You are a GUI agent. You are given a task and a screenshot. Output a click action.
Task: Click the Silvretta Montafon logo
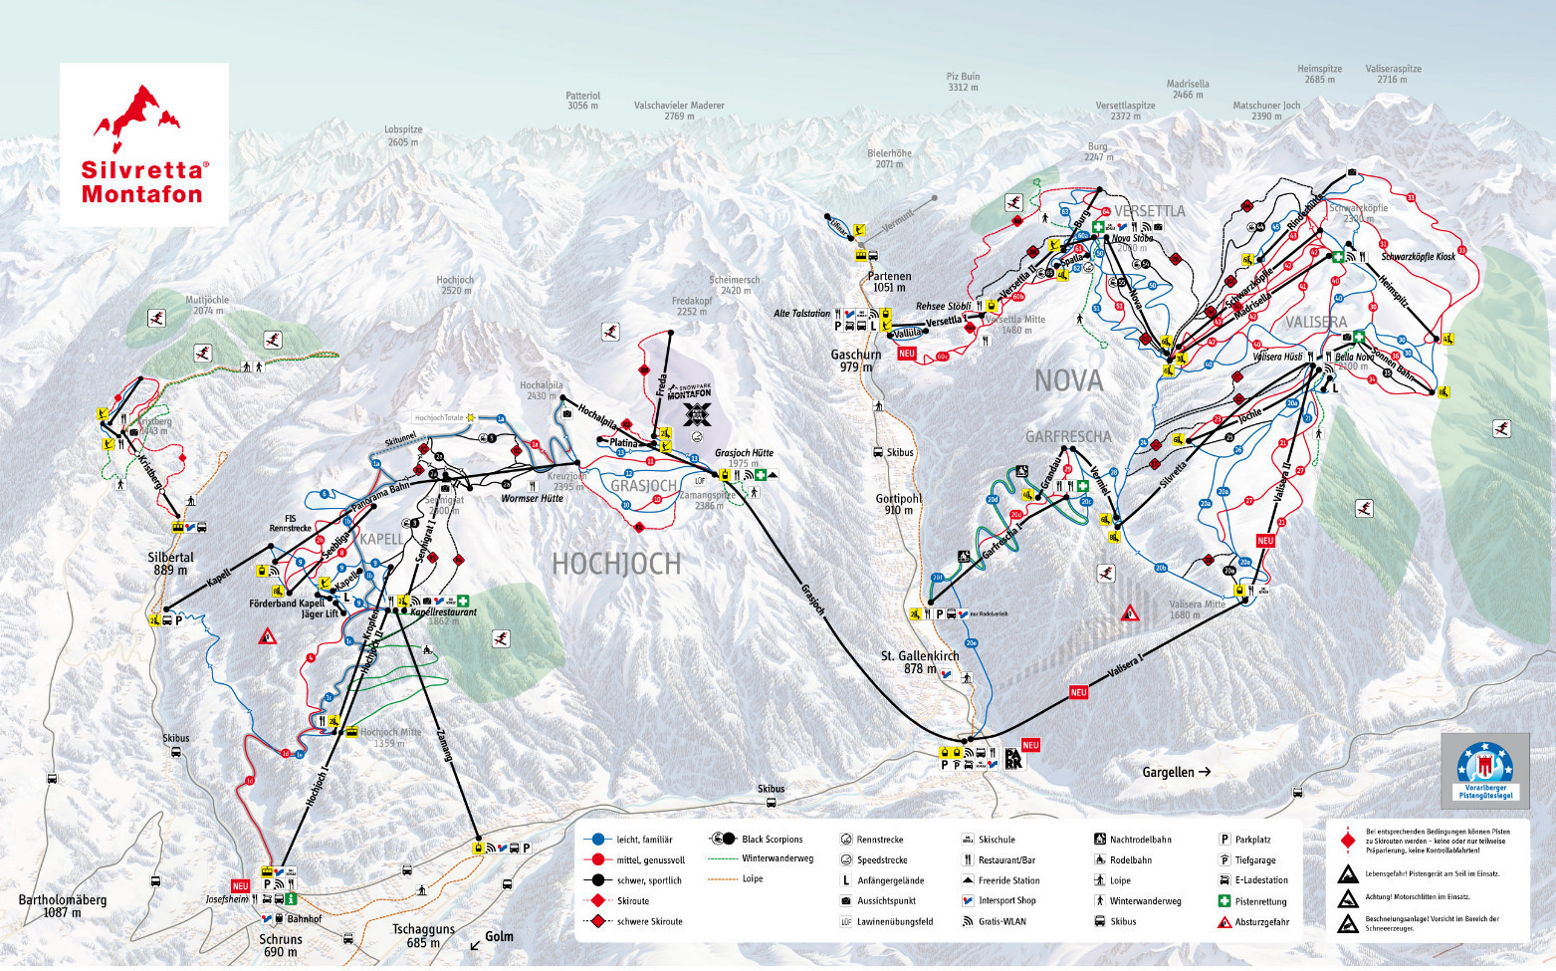[x=144, y=145]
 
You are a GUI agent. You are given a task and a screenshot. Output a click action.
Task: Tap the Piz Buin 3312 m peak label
[x=963, y=82]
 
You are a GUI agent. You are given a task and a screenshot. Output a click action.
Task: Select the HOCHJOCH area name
[x=616, y=564]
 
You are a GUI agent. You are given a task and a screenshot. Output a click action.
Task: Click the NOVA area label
[x=1068, y=380]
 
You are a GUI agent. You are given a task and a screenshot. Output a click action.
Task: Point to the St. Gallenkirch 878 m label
[x=919, y=662]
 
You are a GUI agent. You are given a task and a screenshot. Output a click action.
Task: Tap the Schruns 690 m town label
[x=280, y=945]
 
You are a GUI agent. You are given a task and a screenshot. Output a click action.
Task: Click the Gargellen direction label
[x=1176, y=772]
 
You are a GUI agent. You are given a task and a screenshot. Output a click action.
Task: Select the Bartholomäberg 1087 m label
[x=62, y=905]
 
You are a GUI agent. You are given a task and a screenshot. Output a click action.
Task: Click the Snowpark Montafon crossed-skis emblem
[x=699, y=413]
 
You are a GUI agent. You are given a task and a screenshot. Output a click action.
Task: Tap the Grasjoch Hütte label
[x=744, y=452]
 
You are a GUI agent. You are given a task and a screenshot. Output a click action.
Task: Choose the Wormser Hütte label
[x=532, y=498]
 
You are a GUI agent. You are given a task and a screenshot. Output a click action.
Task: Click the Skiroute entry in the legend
[x=632, y=900]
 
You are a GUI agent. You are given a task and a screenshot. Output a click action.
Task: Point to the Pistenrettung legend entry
[x=1258, y=901]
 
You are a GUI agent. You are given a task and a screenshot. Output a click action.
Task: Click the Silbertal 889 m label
[x=170, y=564]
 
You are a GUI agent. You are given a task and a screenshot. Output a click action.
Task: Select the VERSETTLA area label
[x=1149, y=211]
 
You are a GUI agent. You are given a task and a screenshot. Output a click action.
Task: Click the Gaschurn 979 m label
[x=856, y=361]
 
